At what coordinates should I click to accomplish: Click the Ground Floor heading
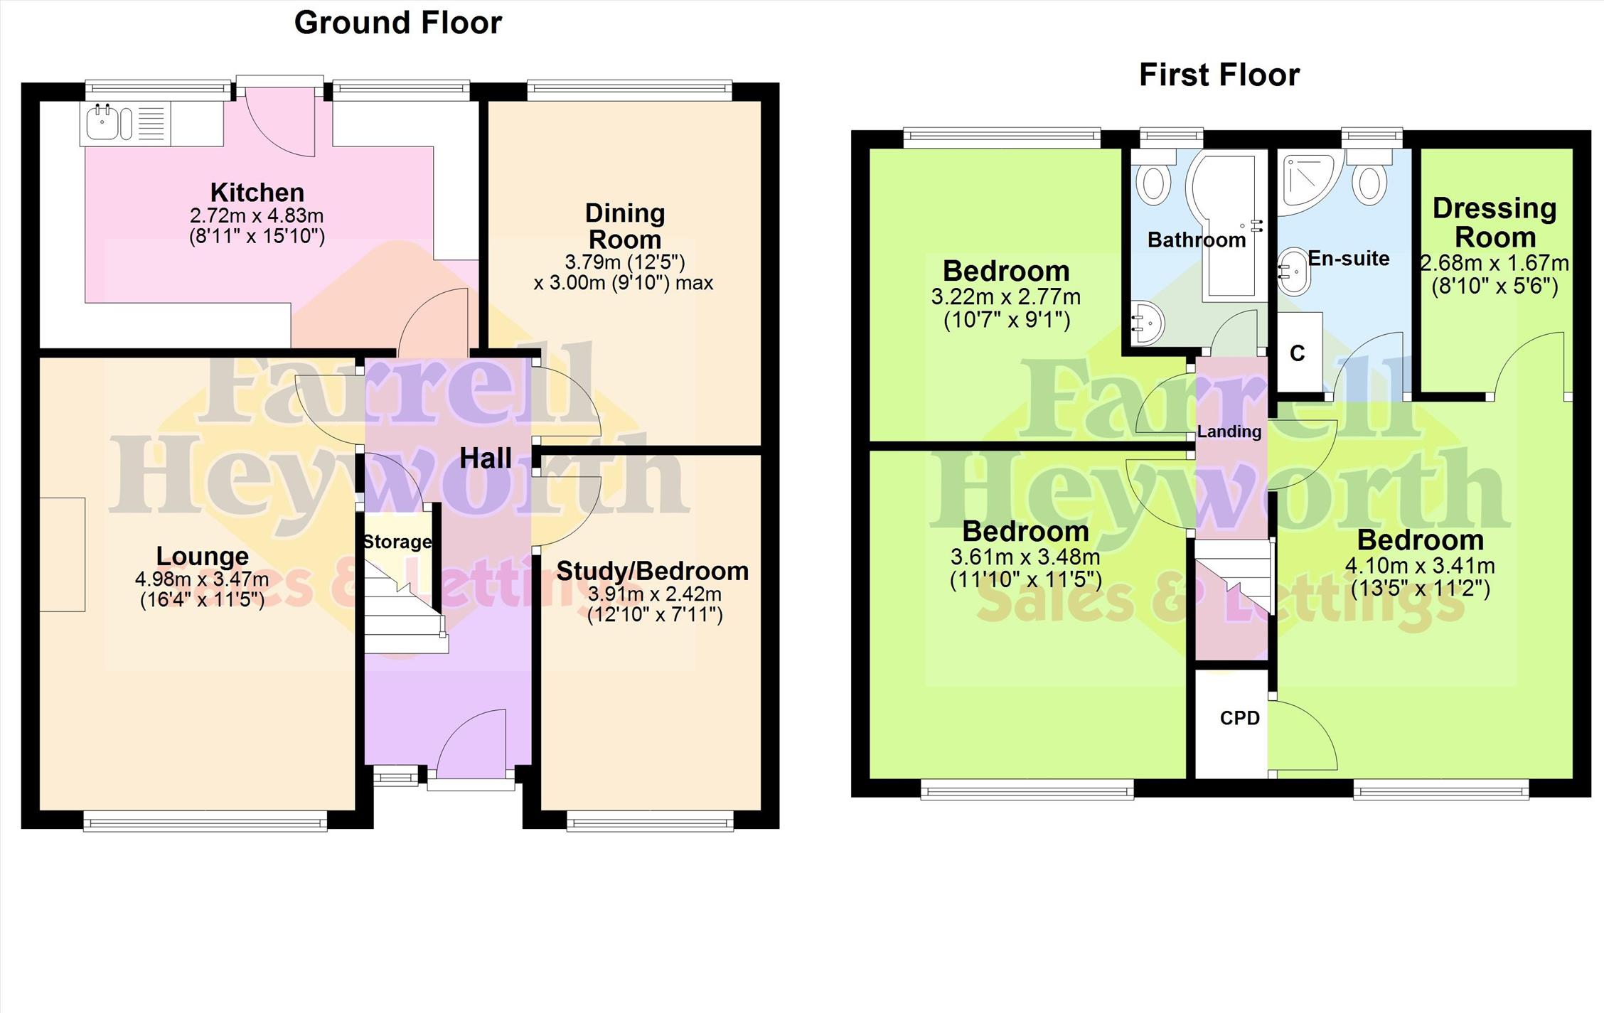tap(398, 23)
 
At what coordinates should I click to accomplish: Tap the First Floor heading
tap(1219, 75)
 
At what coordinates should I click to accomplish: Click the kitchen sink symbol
tap(105, 123)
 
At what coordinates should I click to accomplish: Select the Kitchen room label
tap(257, 192)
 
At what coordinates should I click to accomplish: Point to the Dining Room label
tap(625, 226)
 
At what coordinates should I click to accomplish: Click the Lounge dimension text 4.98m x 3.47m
tap(202, 579)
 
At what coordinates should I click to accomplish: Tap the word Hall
tap(486, 459)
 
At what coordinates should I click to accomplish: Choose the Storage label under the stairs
tap(397, 542)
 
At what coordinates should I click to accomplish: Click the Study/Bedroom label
tap(653, 571)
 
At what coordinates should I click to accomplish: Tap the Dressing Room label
tap(1495, 223)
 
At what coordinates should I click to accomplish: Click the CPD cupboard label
tap(1239, 719)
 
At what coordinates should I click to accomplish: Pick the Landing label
tap(1229, 432)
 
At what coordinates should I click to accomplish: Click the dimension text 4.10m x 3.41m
tap(1420, 567)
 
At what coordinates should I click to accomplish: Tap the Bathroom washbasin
tap(1146, 323)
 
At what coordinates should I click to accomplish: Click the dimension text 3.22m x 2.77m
tap(1006, 297)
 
